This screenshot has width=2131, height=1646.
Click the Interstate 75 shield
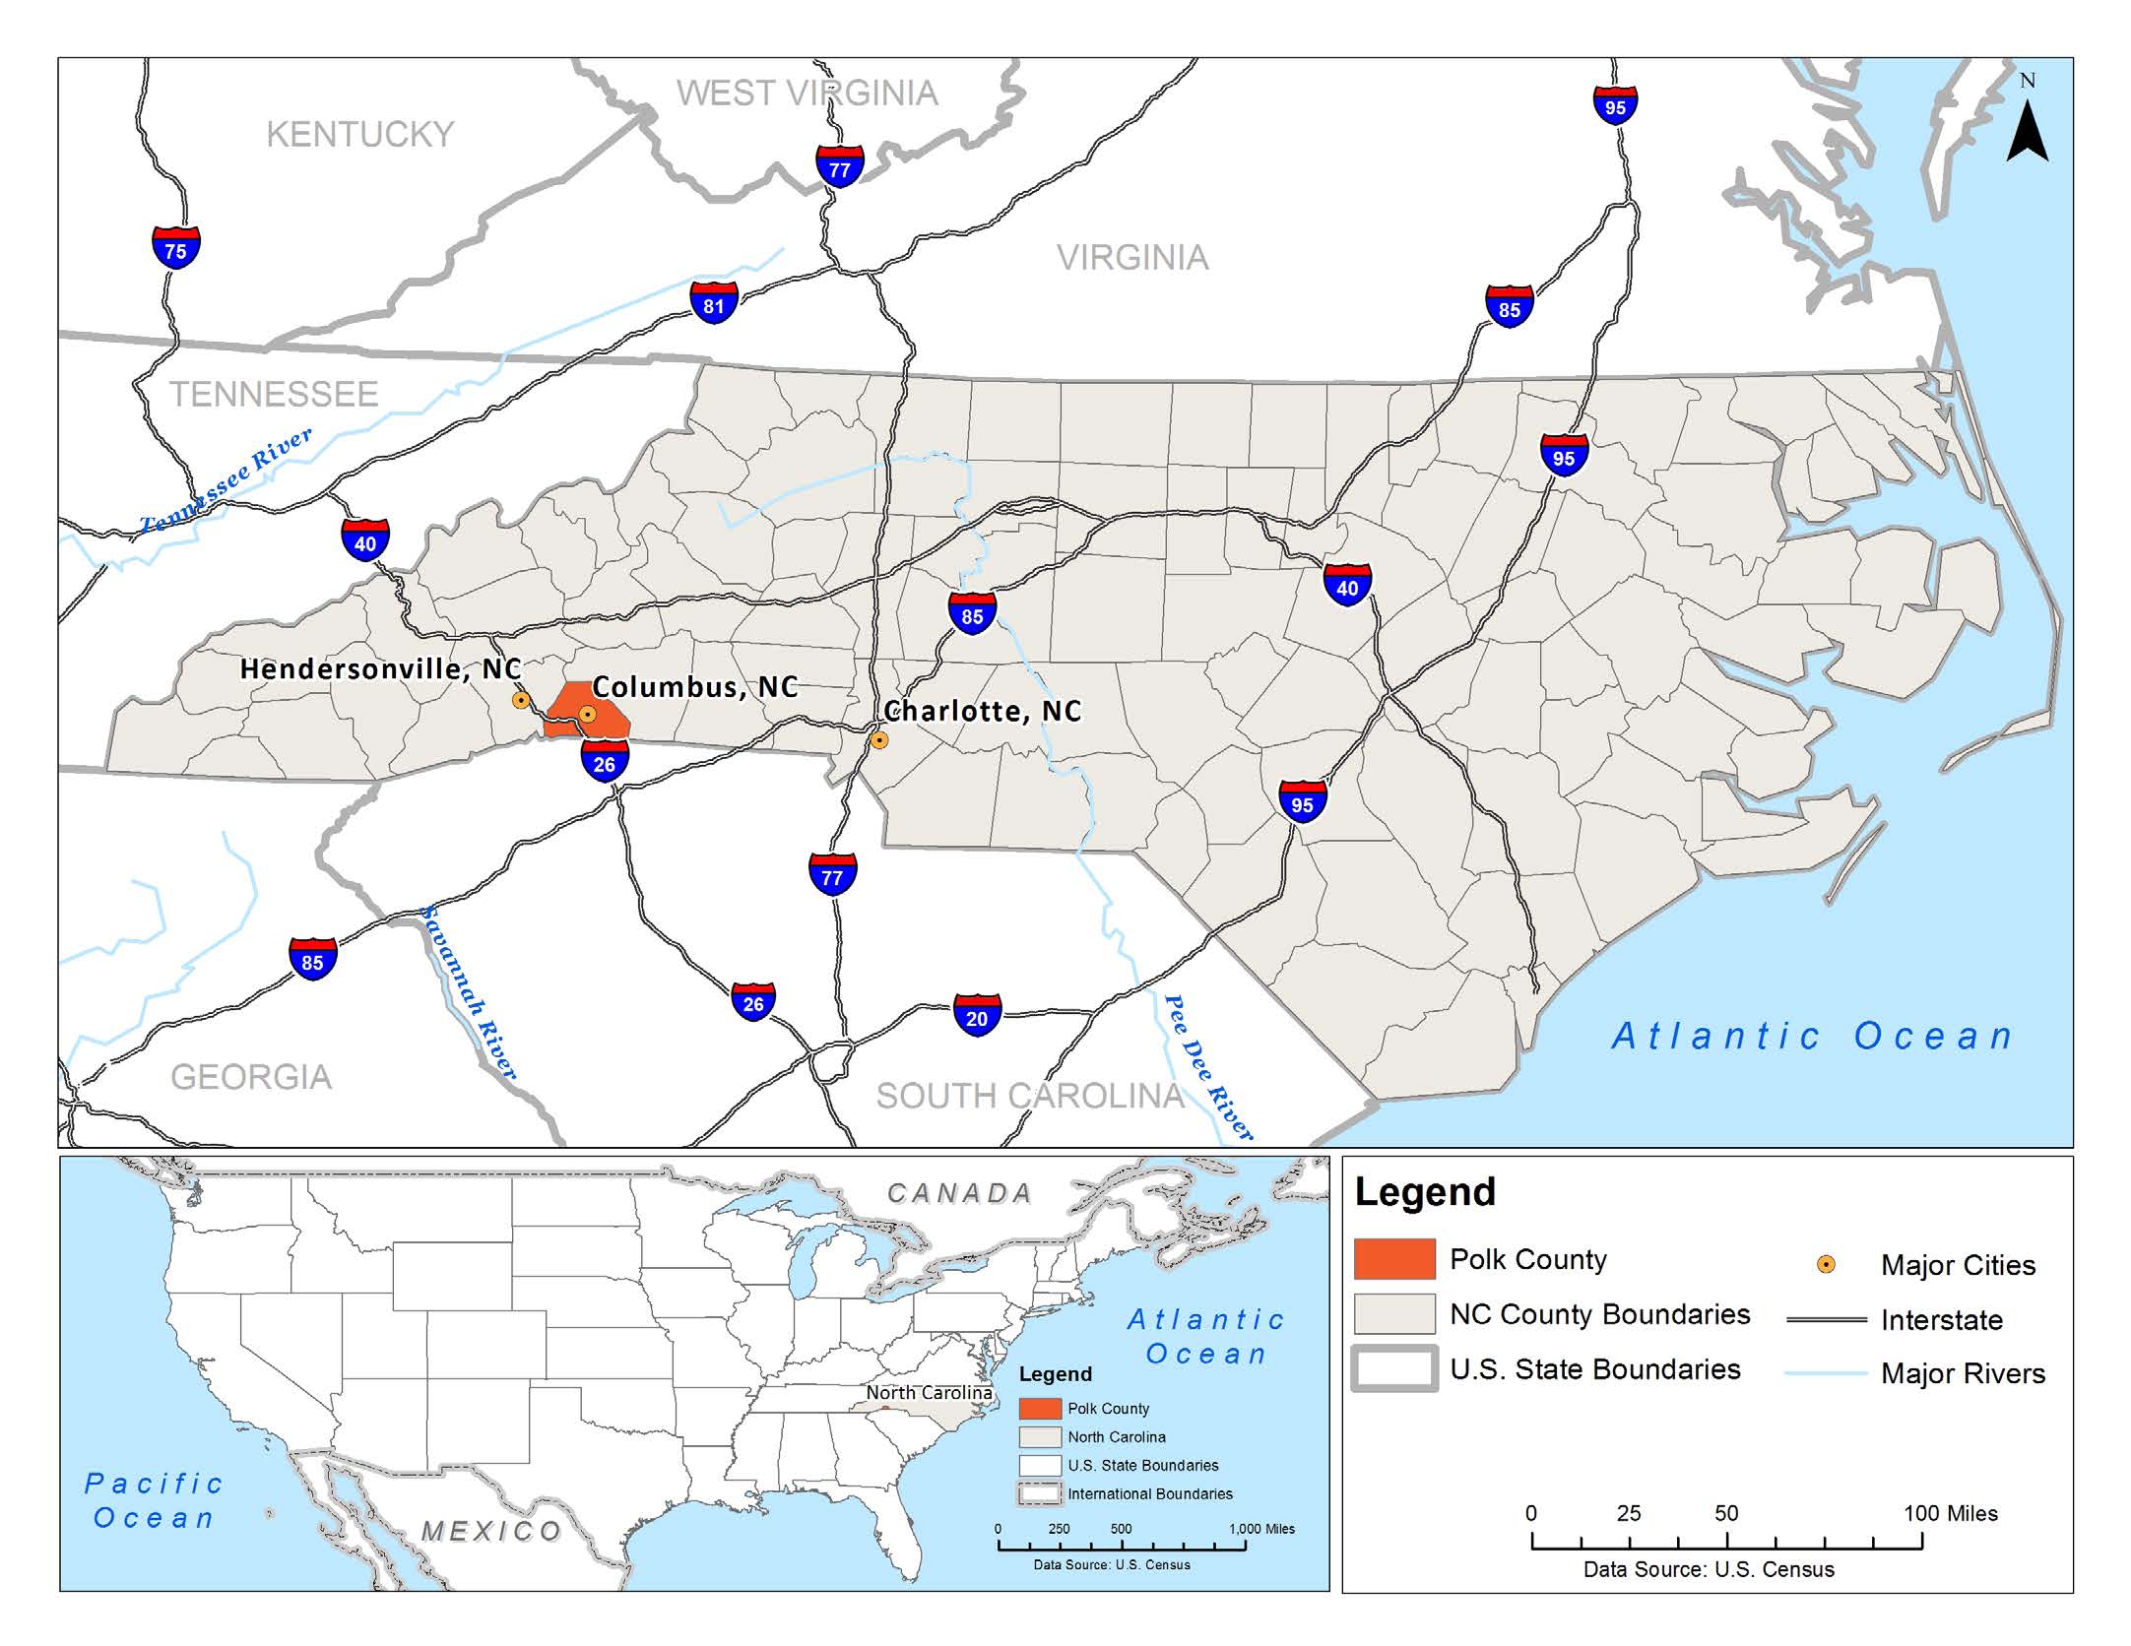pos(176,248)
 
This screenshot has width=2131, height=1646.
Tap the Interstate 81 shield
pos(714,303)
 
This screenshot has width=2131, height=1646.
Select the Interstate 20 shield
pos(977,1016)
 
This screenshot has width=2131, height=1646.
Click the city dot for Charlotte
pos(879,739)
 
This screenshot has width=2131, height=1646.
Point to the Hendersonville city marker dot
pos(521,700)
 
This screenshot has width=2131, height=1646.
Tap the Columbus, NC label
pos(694,686)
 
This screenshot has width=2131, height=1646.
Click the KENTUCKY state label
pos(360,134)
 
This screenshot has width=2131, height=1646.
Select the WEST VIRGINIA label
pos(807,94)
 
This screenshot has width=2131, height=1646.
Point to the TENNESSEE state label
pos(274,395)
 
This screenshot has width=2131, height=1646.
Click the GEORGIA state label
pos(251,1077)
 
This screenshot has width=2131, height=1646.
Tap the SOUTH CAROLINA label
pos(1030,1096)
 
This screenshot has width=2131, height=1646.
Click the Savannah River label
pos(469,992)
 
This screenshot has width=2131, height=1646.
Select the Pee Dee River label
pos(1207,1067)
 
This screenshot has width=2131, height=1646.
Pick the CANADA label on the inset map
pos(959,1193)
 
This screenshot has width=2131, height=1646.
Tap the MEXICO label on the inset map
pos(491,1532)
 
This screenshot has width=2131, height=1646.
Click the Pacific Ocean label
pos(154,1500)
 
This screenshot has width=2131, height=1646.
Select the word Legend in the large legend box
pos(1425,1192)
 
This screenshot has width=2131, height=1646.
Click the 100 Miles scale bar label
pos(1950,1513)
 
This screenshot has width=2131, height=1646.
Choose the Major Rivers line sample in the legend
pos(1827,1373)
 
